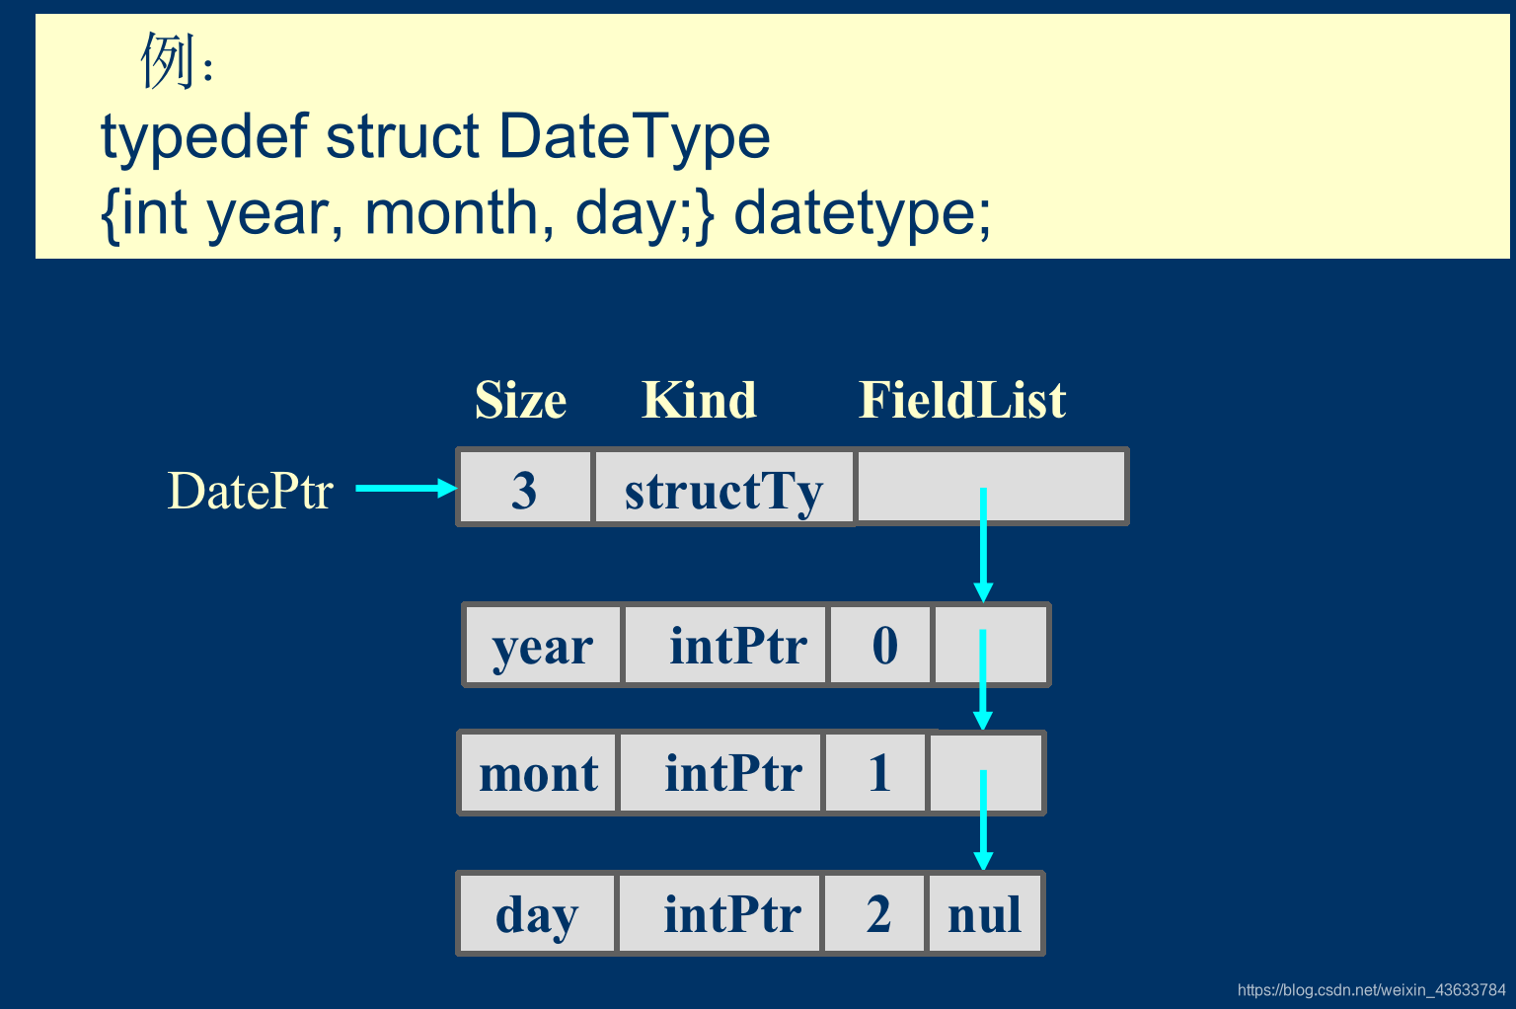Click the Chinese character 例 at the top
(168, 61)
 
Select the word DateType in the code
(635, 138)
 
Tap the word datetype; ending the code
(863, 213)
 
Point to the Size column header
(520, 400)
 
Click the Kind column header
(699, 400)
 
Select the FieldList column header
(961, 400)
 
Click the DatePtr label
(250, 491)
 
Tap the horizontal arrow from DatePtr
(406, 489)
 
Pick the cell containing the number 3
(524, 487)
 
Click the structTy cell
(723, 487)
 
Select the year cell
(542, 645)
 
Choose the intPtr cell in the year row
(724, 645)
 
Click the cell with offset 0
(880, 645)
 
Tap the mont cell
(538, 773)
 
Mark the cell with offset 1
(874, 773)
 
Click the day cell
(537, 913)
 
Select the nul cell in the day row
(985, 913)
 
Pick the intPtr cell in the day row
(720, 913)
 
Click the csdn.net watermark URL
(1371, 990)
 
